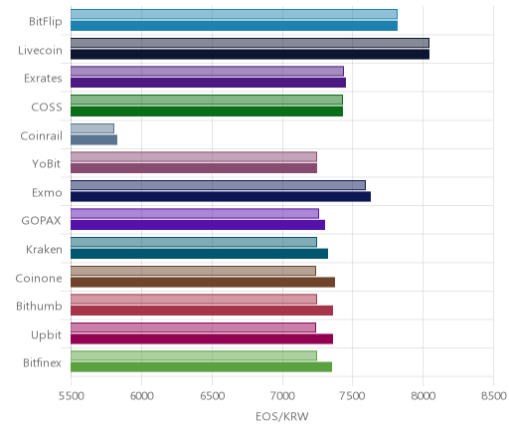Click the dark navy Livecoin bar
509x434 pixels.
click(x=250, y=54)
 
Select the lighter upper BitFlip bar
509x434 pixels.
click(x=234, y=14)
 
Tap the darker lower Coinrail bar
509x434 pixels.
click(x=93, y=140)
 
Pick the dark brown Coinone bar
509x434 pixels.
click(x=203, y=283)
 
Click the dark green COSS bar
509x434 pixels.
click(x=207, y=111)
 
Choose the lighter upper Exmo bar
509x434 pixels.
click(x=218, y=185)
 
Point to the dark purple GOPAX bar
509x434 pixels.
click(x=198, y=225)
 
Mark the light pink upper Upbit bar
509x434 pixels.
click(x=193, y=327)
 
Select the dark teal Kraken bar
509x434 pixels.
click(x=199, y=254)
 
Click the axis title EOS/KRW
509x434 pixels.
click(x=282, y=416)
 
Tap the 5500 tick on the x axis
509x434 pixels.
click(x=71, y=396)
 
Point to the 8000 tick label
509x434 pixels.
click(x=423, y=396)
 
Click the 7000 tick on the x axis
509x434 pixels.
click(x=283, y=396)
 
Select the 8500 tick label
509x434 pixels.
click(x=493, y=396)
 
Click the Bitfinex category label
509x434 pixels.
click(x=42, y=362)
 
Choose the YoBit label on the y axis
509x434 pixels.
click(x=47, y=164)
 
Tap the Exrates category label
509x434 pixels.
click(x=43, y=79)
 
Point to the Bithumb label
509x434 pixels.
click(x=39, y=306)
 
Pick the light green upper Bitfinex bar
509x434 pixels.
click(x=194, y=355)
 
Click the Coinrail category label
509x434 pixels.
click(x=42, y=135)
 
